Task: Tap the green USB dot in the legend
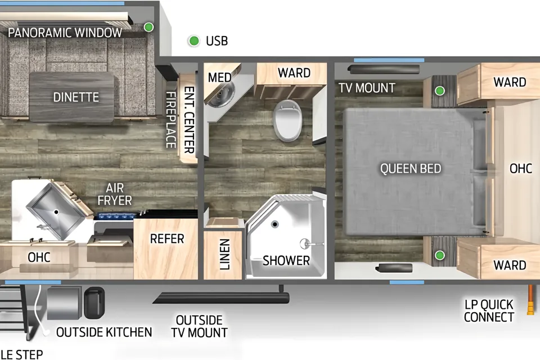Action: click(x=194, y=41)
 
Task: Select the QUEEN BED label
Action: click(x=411, y=168)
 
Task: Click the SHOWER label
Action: click(x=286, y=260)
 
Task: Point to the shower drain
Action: click(x=274, y=224)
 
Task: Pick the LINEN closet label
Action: click(x=224, y=254)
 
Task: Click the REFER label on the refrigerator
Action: click(x=167, y=238)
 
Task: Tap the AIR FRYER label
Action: click(x=115, y=194)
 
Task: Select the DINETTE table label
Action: click(x=76, y=97)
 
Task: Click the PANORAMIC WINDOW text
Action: click(x=65, y=33)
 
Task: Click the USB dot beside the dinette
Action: click(x=148, y=27)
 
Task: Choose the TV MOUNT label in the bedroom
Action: click(x=367, y=88)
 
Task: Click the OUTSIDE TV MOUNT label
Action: click(x=199, y=326)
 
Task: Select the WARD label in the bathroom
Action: click(x=294, y=73)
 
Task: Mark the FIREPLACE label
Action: click(x=171, y=120)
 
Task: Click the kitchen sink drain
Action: click(x=56, y=212)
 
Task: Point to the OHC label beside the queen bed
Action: click(x=521, y=168)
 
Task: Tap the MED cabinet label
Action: click(x=219, y=78)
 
